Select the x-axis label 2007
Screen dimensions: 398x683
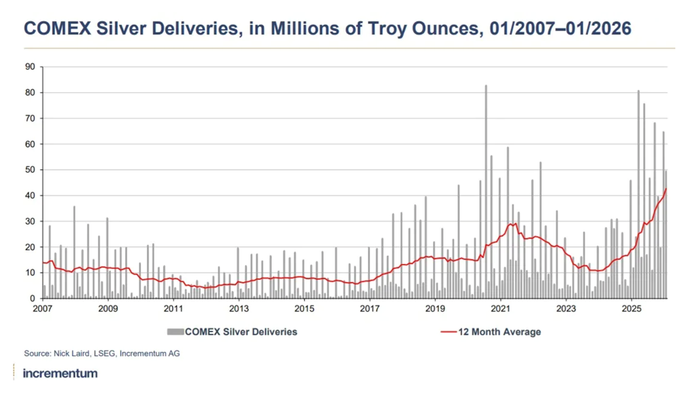[43, 309]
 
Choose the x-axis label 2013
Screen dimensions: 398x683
[239, 309]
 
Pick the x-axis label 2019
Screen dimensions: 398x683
[435, 309]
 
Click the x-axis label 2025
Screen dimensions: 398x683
[632, 309]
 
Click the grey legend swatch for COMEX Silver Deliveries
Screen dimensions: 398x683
[175, 332]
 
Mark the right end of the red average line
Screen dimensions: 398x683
[667, 189]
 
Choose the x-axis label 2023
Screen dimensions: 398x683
[566, 309]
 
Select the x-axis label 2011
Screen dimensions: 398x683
[173, 309]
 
